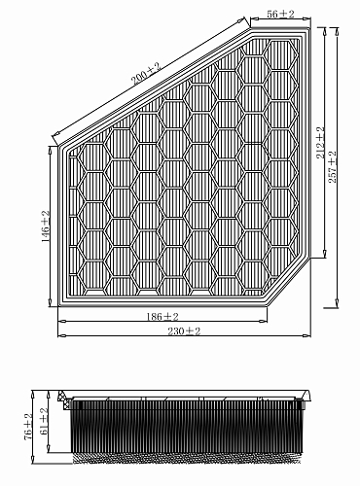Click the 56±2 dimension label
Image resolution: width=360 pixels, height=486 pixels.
pos(280,14)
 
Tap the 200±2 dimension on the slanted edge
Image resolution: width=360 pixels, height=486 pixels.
pos(146,74)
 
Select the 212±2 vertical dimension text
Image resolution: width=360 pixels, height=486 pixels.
pos(320,143)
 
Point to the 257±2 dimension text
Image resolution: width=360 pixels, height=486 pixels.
pos(333,166)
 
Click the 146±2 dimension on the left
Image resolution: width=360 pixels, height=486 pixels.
pos(45,226)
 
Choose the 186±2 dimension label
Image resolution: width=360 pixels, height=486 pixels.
pos(162,316)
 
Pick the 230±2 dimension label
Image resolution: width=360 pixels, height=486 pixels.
pos(184,331)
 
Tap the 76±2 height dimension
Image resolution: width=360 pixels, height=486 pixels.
pos(28,427)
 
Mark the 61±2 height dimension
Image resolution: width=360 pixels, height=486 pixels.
pos(44,421)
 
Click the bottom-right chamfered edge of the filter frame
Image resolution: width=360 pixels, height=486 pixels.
pos(289,282)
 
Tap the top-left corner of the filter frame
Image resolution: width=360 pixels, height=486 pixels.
pos(58,146)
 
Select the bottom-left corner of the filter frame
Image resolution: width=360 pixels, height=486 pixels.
pos(58,306)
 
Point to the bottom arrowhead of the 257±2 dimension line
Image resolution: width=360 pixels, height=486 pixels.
pos(337,303)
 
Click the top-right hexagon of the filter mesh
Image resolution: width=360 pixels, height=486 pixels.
pos(281,55)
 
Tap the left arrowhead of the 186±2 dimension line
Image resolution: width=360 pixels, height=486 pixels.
pos(62,321)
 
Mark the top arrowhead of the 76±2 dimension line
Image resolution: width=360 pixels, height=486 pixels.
pos(32,395)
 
